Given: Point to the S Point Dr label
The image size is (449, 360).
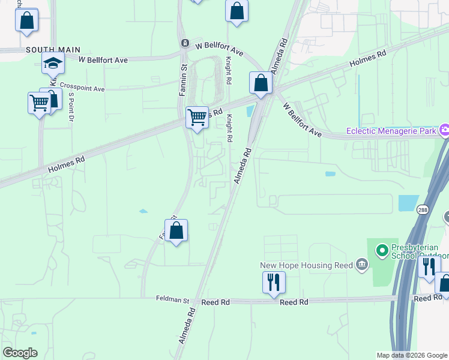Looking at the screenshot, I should click(x=71, y=107).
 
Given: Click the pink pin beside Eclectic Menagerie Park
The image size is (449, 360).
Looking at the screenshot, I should click(x=445, y=129).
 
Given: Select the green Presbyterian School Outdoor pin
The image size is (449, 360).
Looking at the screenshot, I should click(x=381, y=248).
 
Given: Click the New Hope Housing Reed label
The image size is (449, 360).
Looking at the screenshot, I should click(x=306, y=265).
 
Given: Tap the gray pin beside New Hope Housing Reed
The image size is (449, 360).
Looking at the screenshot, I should click(x=361, y=263).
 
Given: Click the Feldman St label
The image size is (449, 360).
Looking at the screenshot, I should click(x=172, y=299).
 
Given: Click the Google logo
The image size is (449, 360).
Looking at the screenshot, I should click(x=20, y=353).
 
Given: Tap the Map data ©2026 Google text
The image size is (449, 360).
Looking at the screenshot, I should click(x=411, y=355).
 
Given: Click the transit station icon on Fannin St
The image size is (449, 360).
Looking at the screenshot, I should click(x=185, y=43).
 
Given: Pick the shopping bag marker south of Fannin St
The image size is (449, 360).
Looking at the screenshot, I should click(x=176, y=230).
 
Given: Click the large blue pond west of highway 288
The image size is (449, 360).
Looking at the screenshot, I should click(x=408, y=203).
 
